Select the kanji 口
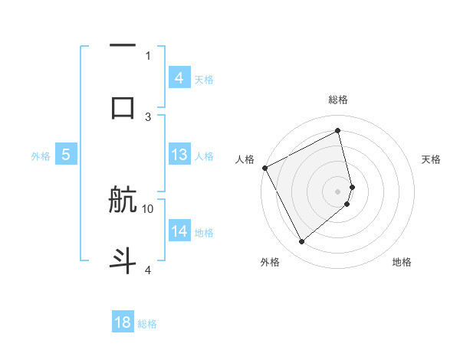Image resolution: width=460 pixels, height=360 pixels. [x=123, y=106]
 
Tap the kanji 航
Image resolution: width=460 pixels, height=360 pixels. [x=123, y=201]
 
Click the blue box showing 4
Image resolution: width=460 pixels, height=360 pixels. [x=179, y=77]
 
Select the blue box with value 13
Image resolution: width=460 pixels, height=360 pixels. [x=179, y=155]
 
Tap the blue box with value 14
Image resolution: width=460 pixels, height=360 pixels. [x=179, y=231]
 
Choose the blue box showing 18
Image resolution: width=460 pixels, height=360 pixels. [x=123, y=322]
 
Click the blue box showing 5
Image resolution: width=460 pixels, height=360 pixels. [x=66, y=155]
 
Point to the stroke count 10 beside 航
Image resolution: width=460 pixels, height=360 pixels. [x=148, y=208]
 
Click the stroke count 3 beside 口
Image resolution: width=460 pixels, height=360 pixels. [x=148, y=116]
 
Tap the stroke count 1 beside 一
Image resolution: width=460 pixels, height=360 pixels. [x=148, y=56]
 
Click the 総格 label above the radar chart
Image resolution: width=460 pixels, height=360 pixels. [x=338, y=100]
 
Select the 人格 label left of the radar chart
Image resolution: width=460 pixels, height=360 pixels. [x=245, y=159]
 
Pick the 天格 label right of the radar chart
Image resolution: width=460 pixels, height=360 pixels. [x=432, y=159]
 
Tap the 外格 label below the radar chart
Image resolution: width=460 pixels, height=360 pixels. [x=270, y=263]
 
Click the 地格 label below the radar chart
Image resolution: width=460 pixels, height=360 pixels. [x=402, y=263]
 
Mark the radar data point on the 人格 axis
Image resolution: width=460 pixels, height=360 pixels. [x=264, y=168]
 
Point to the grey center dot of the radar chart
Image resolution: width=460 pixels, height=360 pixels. [x=338, y=191]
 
